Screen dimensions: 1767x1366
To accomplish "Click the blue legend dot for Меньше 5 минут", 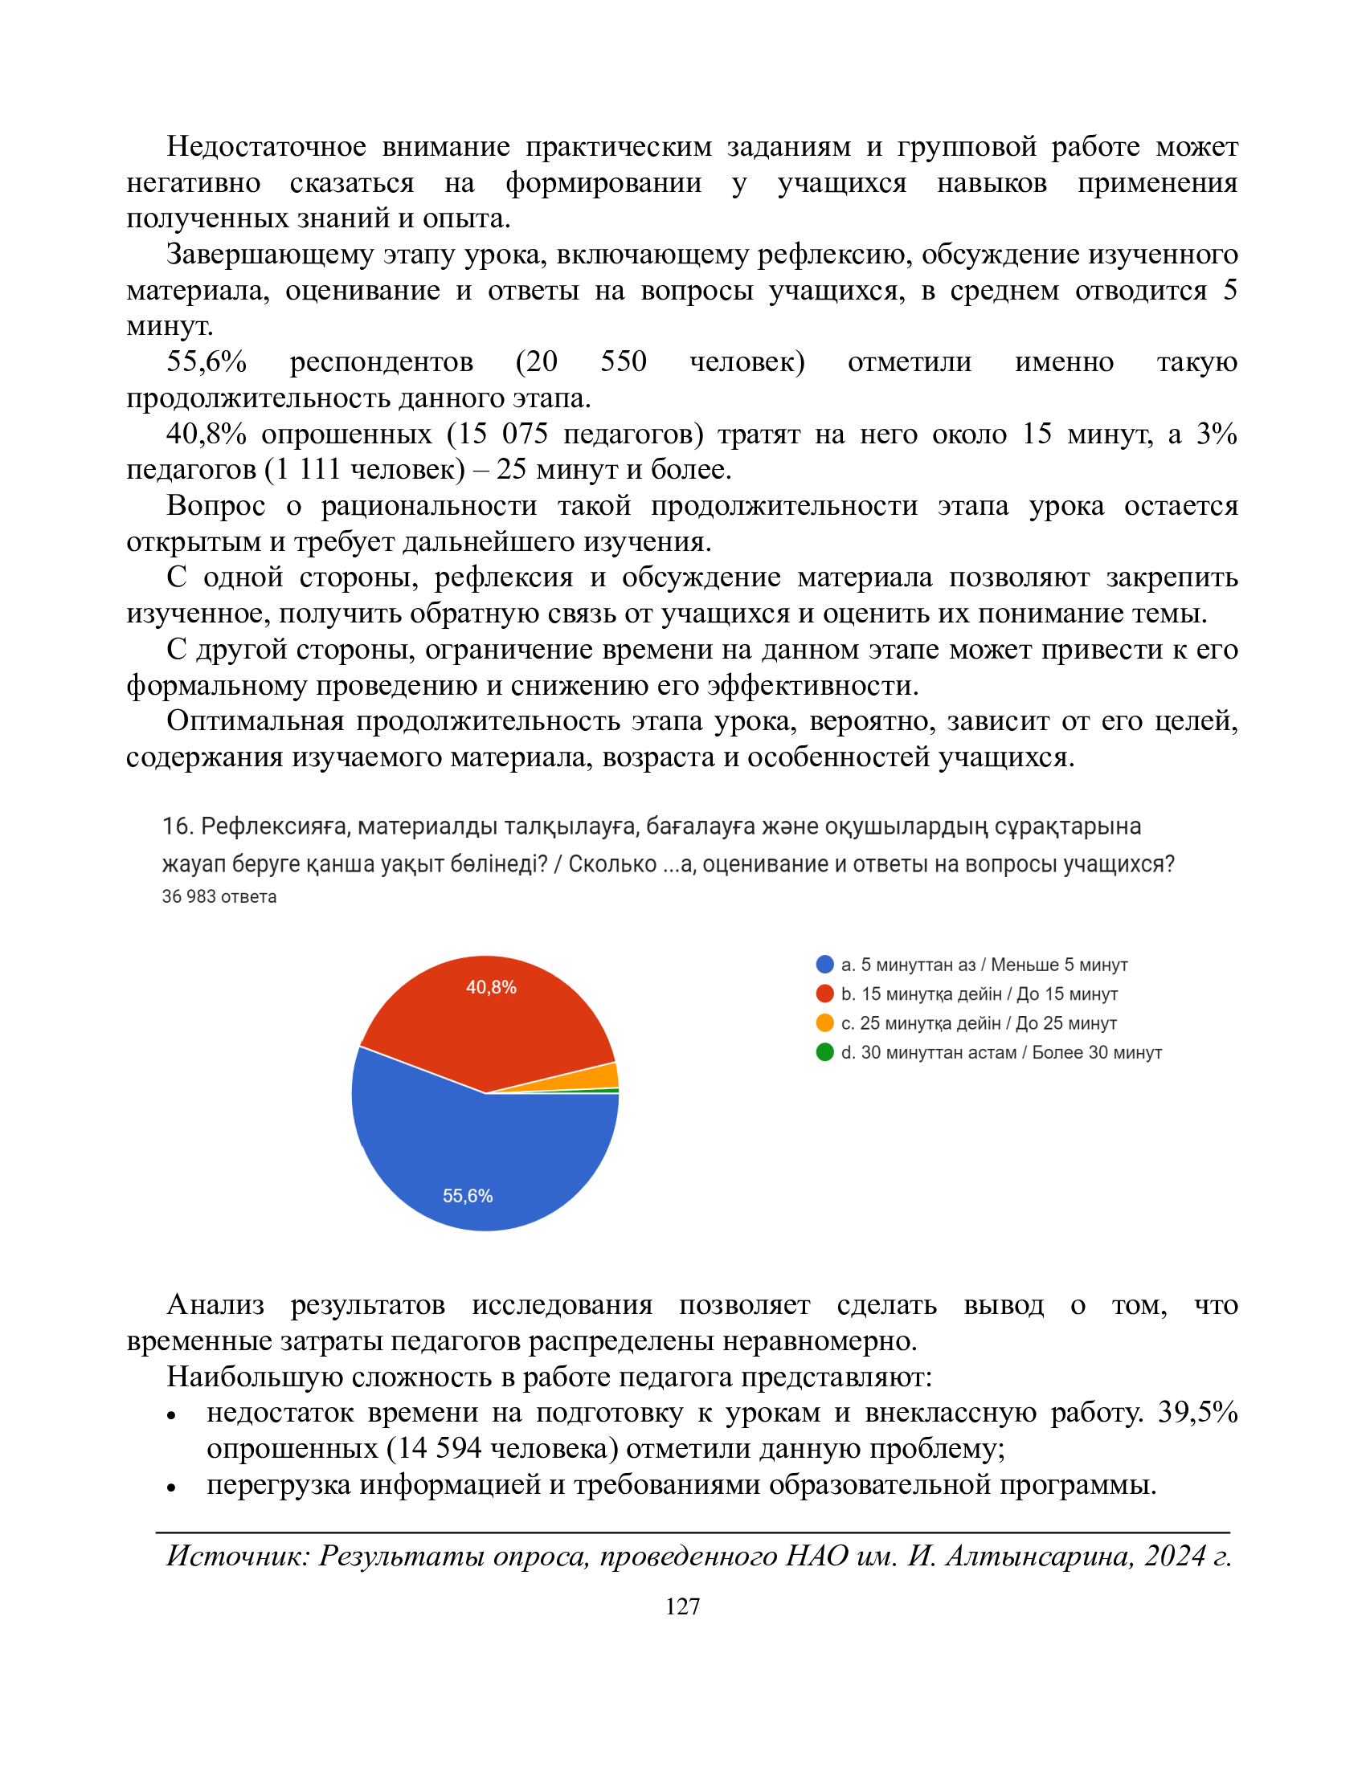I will [824, 965].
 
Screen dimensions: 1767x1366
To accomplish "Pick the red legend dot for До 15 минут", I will [824, 994].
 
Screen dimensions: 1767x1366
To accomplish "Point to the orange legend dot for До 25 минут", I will [824, 1022].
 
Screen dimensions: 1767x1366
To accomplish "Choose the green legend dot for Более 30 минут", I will [824, 1052].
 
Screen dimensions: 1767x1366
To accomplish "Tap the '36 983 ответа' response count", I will [219, 896].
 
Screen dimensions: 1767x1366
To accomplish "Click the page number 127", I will [682, 1606].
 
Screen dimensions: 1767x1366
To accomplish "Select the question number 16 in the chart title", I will [176, 826].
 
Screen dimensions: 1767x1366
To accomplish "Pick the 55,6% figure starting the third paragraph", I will [207, 361].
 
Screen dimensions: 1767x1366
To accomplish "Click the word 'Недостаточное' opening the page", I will [266, 146].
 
